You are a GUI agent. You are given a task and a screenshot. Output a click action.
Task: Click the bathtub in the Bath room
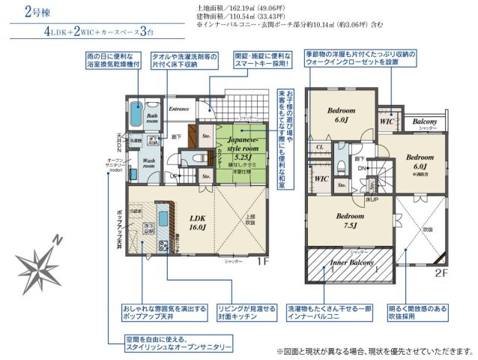point(136,116)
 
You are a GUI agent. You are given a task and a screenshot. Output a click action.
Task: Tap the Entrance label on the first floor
point(178,109)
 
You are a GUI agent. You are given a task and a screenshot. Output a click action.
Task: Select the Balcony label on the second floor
point(424,121)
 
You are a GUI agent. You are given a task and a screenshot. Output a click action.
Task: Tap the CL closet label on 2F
point(320,147)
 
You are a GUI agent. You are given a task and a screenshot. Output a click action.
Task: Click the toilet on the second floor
point(341,166)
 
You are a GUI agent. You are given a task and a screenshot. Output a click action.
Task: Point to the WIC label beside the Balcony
point(387,120)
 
